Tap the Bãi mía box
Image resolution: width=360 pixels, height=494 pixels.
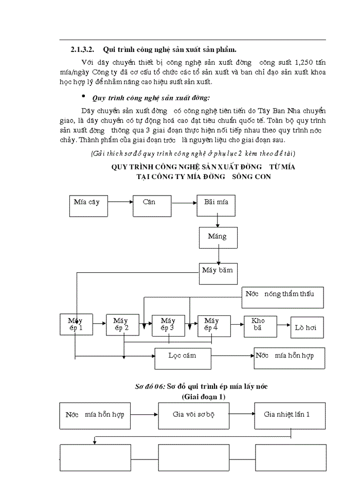(216, 206)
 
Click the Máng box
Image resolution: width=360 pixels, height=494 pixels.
(218, 237)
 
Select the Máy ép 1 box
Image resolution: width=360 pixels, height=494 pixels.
(76, 325)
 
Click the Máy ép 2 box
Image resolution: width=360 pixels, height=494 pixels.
(122, 325)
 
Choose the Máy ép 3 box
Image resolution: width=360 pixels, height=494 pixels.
(169, 325)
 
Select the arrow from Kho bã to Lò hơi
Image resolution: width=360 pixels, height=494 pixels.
(284, 325)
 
